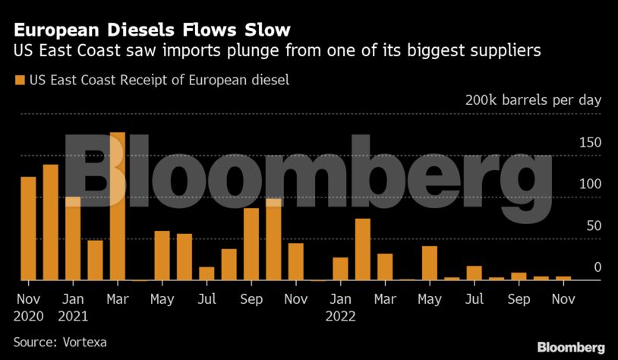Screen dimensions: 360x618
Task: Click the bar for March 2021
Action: pos(118,206)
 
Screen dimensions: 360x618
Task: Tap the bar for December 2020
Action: pos(51,222)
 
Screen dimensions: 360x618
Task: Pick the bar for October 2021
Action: pos(274,239)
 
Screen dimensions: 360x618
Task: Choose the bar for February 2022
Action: pos(363,249)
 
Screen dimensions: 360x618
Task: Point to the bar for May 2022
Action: pos(430,263)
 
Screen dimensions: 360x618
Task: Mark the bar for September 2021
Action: pos(251,244)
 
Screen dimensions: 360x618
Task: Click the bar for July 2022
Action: pos(475,273)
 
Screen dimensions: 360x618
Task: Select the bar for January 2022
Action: pos(341,268)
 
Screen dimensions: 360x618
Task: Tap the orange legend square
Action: pos(19,79)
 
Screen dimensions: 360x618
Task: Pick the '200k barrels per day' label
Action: pos(533,100)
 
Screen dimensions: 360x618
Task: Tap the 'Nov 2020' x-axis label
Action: pos(28,307)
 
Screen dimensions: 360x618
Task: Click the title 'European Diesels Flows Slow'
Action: pos(151,30)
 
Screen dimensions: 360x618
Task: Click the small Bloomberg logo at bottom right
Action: pos(571,347)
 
